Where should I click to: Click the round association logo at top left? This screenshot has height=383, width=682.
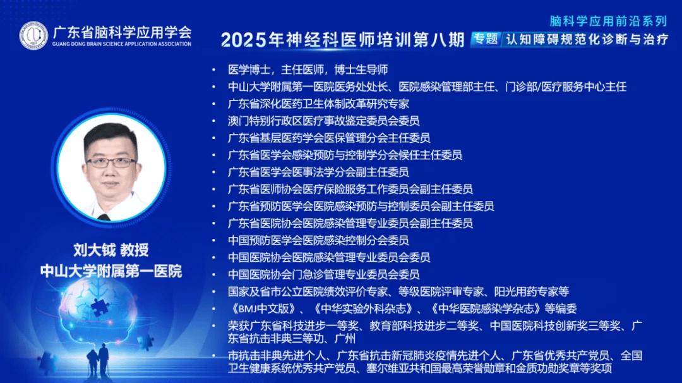tap(33, 35)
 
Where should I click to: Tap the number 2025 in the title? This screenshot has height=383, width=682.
tap(244, 40)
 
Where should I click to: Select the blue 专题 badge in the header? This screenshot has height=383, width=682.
tap(486, 39)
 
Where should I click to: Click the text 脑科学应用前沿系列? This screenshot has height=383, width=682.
tap(608, 21)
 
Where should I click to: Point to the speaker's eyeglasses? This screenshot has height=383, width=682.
tap(111, 162)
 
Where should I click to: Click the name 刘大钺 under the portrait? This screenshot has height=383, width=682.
tap(94, 250)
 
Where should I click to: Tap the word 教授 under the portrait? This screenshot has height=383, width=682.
tap(135, 250)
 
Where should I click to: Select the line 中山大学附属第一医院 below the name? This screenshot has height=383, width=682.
tap(111, 271)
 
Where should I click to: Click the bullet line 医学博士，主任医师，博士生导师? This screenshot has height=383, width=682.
tap(308, 70)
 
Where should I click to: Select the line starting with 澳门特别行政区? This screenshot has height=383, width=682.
tap(323, 121)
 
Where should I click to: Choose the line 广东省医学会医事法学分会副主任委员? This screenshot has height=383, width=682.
tap(318, 172)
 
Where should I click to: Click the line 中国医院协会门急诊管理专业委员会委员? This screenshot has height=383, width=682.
tap(323, 274)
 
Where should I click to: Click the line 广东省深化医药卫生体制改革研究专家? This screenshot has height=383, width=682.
tap(318, 104)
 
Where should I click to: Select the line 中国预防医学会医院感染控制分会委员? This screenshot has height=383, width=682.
tap(318, 240)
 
